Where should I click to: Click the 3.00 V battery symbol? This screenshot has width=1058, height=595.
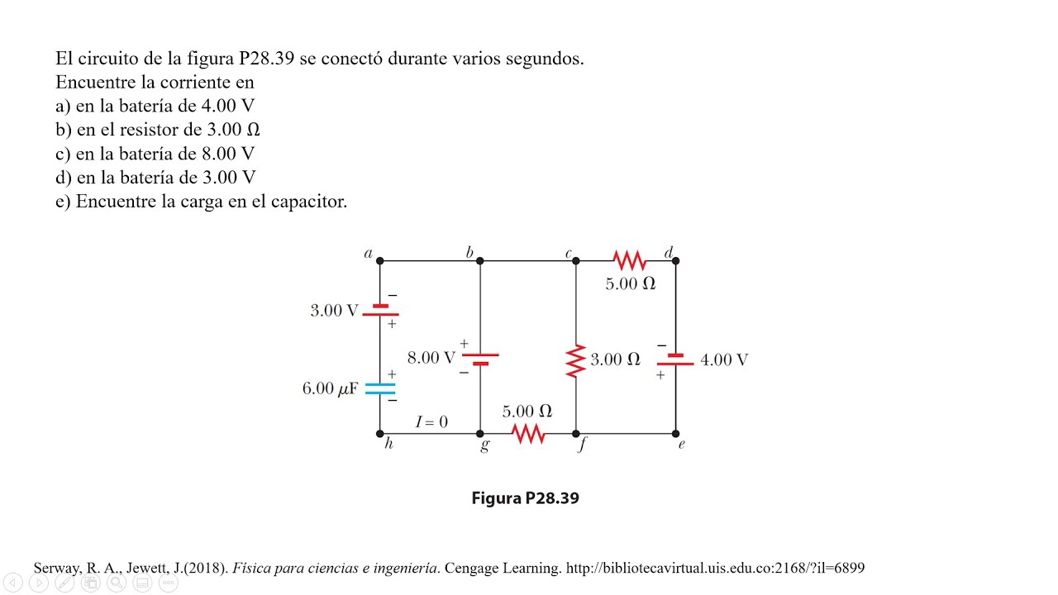pyautogui.click(x=380, y=310)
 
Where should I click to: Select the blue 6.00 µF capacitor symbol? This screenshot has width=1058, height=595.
pyautogui.click(x=380, y=388)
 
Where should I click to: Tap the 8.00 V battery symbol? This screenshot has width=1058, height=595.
pyautogui.click(x=480, y=359)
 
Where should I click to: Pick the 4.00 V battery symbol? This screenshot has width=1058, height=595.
pyautogui.click(x=675, y=359)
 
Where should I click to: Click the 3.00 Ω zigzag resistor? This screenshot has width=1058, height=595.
pyautogui.click(x=576, y=361)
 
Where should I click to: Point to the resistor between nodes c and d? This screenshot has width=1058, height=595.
pyautogui.click(x=630, y=260)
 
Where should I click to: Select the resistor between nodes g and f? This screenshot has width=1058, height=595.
pyautogui.click(x=528, y=434)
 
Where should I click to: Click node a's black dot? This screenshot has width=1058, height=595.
pyautogui.click(x=379, y=260)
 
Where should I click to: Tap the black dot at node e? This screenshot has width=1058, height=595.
pyautogui.click(x=675, y=434)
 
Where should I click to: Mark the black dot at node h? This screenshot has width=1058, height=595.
pyautogui.click(x=379, y=434)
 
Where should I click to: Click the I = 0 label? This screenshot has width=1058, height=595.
pyautogui.click(x=431, y=421)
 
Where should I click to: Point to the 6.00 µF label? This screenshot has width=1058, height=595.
pyautogui.click(x=330, y=388)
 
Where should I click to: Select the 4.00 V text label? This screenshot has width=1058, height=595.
pyautogui.click(x=724, y=359)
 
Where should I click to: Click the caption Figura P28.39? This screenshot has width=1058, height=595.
pyautogui.click(x=525, y=498)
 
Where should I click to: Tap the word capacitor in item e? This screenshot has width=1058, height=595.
pyautogui.click(x=309, y=202)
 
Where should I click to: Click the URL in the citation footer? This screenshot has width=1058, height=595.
pyautogui.click(x=715, y=568)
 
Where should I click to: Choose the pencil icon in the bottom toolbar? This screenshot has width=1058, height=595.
pyautogui.click(x=64, y=583)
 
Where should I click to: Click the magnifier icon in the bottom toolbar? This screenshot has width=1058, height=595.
pyautogui.click(x=117, y=583)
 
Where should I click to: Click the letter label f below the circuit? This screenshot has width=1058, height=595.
pyautogui.click(x=583, y=445)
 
